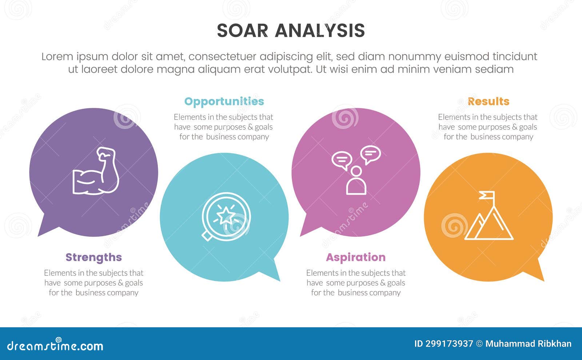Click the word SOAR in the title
pyautogui.click(x=242, y=31)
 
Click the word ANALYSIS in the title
pyautogui.click(x=320, y=31)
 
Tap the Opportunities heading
pyautogui.click(x=224, y=101)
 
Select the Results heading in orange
pyautogui.click(x=488, y=101)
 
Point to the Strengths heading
pyautogui.click(x=93, y=257)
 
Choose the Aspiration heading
pyautogui.click(x=355, y=257)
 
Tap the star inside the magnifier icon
pyautogui.click(x=226, y=215)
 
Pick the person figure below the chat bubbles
pyautogui.click(x=356, y=182)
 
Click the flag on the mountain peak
pyautogui.click(x=487, y=196)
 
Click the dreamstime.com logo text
pyautogui.click(x=55, y=345)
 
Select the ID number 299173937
pyautogui.click(x=444, y=344)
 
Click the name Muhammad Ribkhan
pyautogui.click(x=528, y=344)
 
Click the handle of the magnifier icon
pyautogui.click(x=207, y=236)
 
